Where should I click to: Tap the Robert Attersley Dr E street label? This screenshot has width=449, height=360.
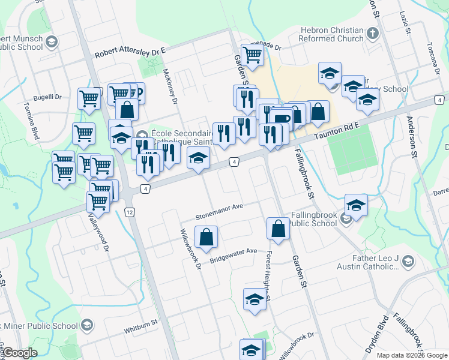[x=130, y=53]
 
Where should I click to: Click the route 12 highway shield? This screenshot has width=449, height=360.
[x=130, y=212]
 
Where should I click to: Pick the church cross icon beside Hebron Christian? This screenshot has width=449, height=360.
[x=372, y=34]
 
